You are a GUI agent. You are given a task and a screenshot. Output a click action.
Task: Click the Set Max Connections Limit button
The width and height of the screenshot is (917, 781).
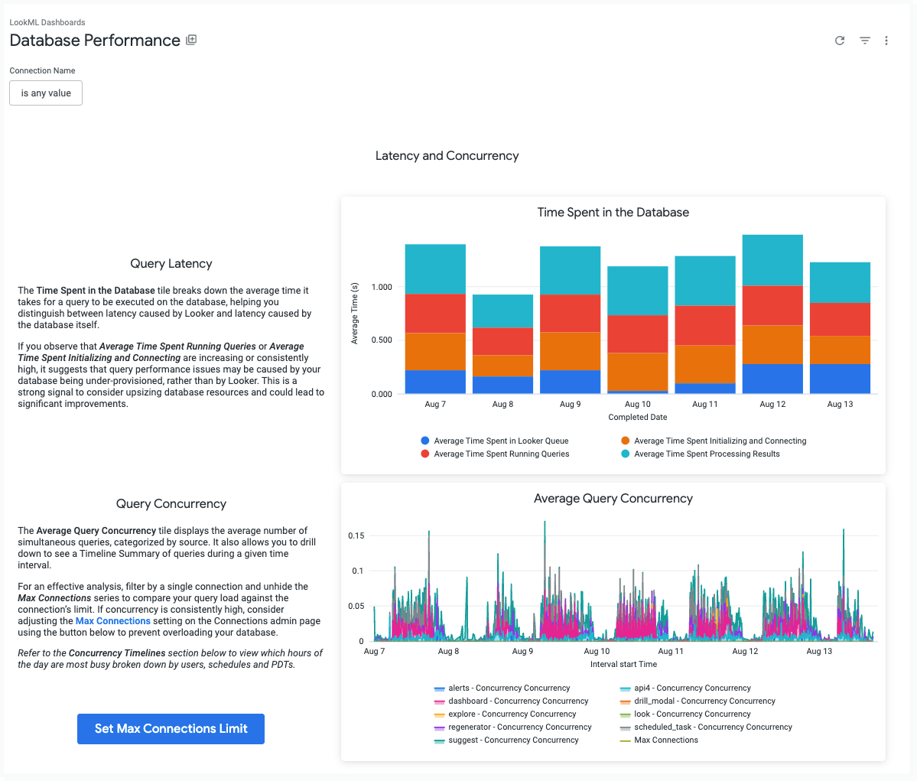tap(171, 729)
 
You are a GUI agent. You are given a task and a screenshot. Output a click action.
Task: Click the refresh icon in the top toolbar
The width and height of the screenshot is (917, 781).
tap(840, 41)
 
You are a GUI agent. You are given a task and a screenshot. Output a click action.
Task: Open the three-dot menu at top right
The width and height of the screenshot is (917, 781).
tap(886, 41)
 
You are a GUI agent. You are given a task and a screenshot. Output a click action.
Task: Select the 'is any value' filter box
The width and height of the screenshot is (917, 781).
tap(46, 93)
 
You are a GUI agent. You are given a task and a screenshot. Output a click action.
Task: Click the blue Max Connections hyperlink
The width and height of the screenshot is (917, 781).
tap(113, 621)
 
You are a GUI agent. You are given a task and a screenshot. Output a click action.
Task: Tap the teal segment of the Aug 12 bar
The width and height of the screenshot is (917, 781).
tap(772, 260)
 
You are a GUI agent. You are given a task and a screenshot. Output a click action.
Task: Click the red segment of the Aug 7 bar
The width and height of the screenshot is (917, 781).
tap(435, 313)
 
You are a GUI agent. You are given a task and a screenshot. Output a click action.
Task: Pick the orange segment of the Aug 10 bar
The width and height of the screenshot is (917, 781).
tap(638, 372)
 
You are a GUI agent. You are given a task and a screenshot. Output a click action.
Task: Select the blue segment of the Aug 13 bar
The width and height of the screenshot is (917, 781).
tap(840, 378)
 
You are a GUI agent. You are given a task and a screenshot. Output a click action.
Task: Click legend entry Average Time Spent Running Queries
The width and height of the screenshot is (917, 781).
tap(501, 454)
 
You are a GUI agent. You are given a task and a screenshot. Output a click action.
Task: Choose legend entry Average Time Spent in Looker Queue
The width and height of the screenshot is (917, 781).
tap(500, 441)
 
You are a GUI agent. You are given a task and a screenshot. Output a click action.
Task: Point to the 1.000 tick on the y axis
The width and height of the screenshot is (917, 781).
tap(382, 287)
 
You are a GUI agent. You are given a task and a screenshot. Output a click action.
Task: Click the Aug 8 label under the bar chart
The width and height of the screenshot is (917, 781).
tap(502, 404)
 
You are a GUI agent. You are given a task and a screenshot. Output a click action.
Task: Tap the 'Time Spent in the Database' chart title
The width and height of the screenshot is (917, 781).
tap(613, 213)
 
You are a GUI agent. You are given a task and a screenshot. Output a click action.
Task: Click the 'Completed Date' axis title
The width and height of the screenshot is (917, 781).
tap(638, 417)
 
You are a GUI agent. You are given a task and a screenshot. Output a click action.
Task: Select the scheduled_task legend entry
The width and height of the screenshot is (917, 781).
tap(712, 727)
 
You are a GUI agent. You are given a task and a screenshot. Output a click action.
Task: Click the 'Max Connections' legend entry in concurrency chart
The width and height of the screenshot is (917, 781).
tap(665, 740)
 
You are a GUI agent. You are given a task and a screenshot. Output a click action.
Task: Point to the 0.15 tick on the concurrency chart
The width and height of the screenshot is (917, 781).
tap(356, 535)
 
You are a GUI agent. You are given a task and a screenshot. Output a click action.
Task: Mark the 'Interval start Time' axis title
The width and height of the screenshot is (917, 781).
tap(623, 664)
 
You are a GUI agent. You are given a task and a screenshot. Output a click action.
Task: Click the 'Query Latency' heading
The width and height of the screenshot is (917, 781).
tap(171, 264)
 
